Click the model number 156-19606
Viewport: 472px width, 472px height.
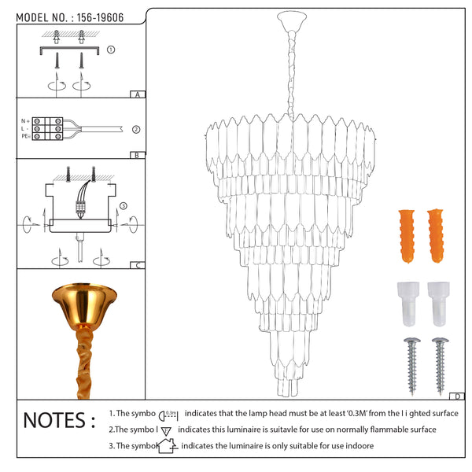click(100, 18)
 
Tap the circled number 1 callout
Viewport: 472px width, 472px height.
click(111, 50)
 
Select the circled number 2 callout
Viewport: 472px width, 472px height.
click(136, 130)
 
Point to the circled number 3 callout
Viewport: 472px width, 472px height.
click(124, 206)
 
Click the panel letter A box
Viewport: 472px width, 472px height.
click(138, 94)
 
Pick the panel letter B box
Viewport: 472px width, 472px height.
click(138, 155)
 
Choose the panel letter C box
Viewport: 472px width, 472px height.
click(138, 265)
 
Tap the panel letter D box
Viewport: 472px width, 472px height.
click(457, 396)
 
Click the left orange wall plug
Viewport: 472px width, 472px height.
click(407, 236)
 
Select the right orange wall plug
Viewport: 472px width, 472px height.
click(435, 236)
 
